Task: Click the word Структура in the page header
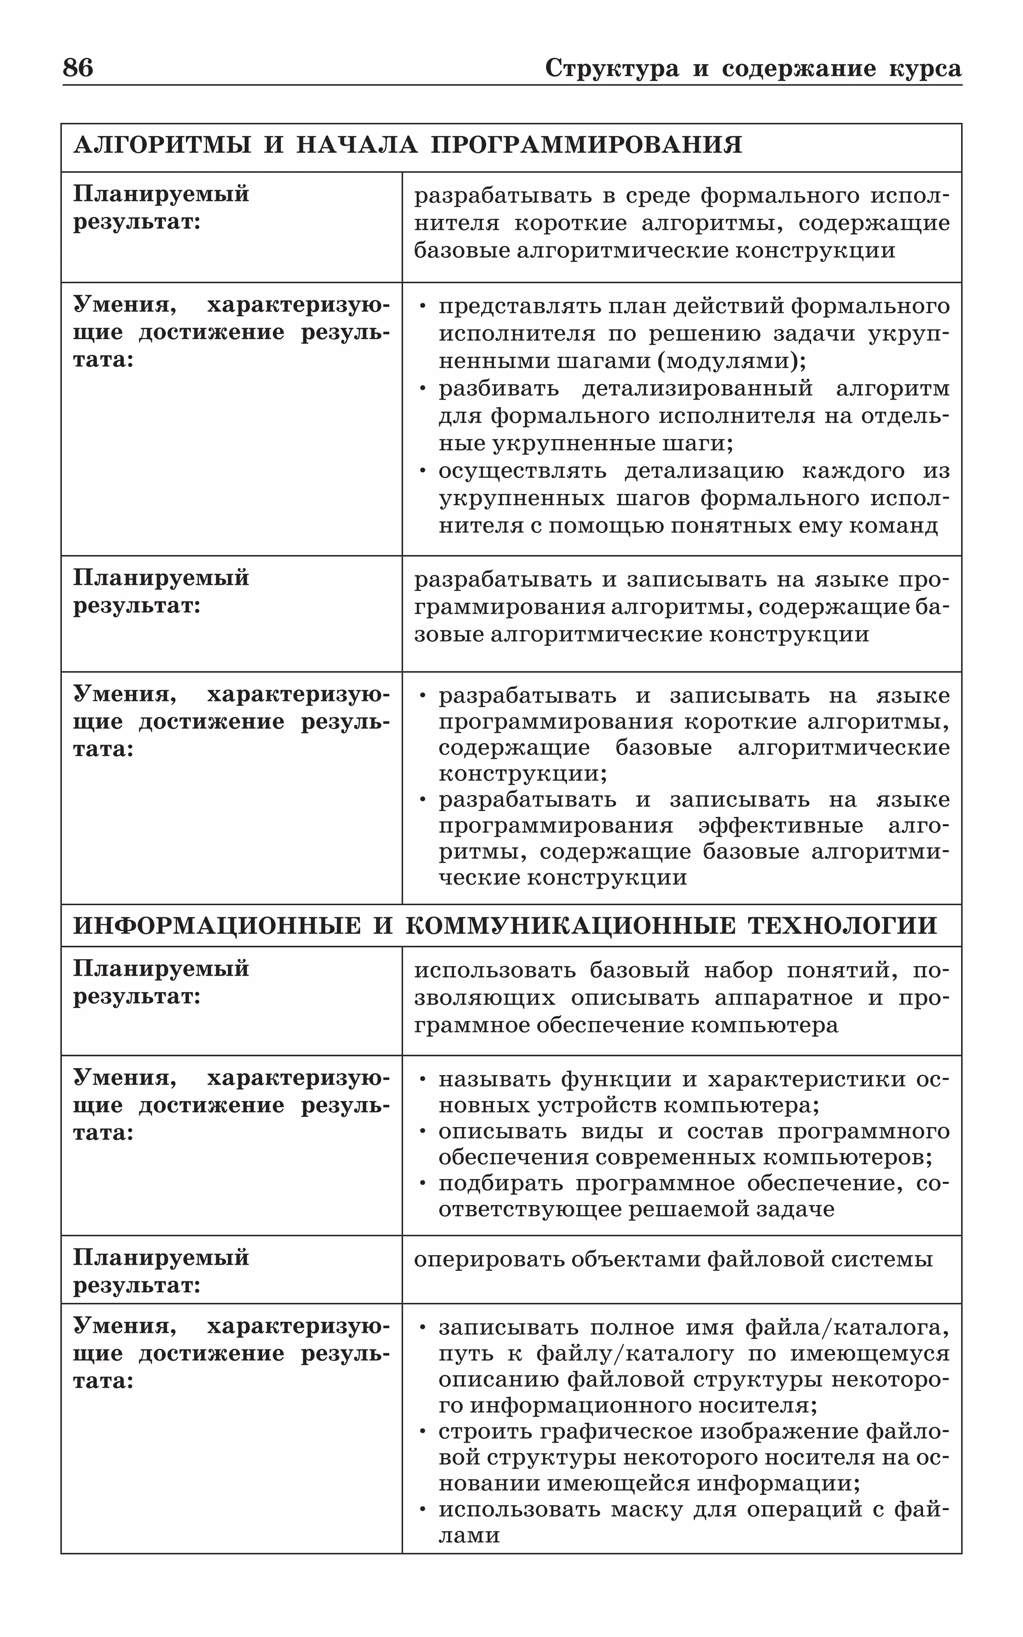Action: point(611,69)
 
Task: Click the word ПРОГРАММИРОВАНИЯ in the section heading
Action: point(586,145)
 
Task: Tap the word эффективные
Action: point(781,826)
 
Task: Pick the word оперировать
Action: point(489,1259)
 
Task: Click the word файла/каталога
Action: point(847,1328)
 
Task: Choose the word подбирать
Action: point(501,1184)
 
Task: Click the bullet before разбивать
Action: point(423,390)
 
